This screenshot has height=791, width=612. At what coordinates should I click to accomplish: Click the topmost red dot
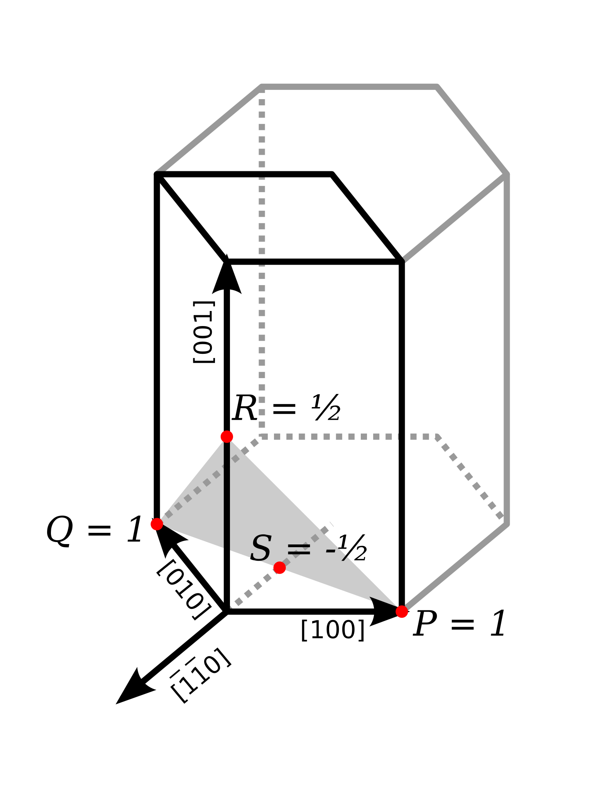(227, 437)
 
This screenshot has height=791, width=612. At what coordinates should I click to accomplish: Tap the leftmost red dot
(157, 524)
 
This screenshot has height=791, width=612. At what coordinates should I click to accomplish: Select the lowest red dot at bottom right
(402, 612)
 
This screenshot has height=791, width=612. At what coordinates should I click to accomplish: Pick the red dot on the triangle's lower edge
(279, 568)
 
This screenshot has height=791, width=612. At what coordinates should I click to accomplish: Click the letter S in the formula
(261, 548)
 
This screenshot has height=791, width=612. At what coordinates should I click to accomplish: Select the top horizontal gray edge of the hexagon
(349, 87)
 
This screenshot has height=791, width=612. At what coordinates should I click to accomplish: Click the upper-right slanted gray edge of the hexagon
(473, 130)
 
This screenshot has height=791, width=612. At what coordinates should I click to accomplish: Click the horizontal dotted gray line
(347, 437)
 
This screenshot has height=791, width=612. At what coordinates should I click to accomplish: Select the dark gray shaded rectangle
(332, 336)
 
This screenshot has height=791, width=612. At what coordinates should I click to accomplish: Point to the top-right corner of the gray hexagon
(437, 87)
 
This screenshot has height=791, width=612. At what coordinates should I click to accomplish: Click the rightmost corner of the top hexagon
(507, 174)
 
